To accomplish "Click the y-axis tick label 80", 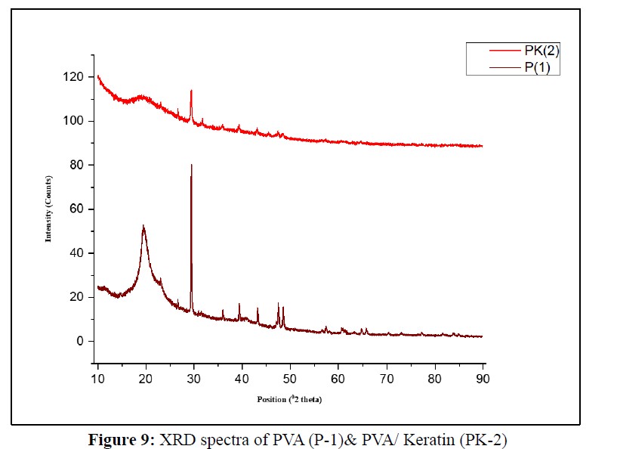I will click(76, 165).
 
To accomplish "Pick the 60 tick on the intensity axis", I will click(76, 209).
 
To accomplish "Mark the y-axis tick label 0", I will click(79, 341).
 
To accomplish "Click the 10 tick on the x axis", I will click(98, 377).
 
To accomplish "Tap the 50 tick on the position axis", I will click(290, 377).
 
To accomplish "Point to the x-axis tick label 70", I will click(386, 377).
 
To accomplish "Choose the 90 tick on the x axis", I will click(483, 377).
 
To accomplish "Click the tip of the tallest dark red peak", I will click(191, 164).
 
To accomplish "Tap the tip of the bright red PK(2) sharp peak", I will click(191, 91).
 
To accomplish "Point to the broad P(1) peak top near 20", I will click(143, 225).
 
